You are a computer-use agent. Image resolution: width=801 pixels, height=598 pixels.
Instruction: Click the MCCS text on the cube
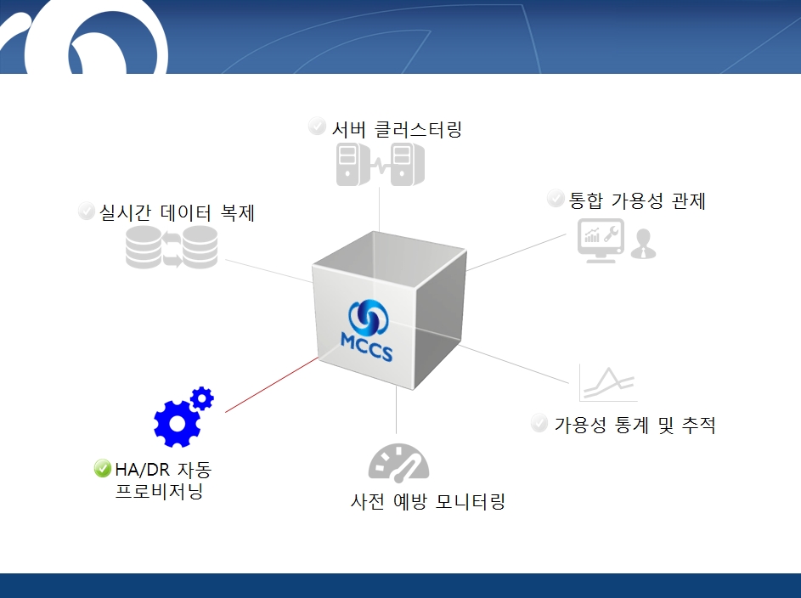click(x=366, y=347)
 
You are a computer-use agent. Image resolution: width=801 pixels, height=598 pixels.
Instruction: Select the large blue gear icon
click(x=176, y=423)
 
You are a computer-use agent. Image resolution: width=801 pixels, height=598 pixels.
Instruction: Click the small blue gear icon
click(x=202, y=398)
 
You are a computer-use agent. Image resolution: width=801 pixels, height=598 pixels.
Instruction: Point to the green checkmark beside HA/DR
click(x=102, y=468)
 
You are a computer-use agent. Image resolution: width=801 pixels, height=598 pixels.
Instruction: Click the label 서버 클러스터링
click(x=397, y=129)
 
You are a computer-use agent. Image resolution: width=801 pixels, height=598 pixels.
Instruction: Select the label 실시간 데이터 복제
click(x=176, y=212)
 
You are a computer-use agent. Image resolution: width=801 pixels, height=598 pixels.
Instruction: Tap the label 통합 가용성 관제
click(x=637, y=200)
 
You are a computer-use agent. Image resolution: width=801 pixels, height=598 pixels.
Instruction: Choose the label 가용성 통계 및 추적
click(x=635, y=425)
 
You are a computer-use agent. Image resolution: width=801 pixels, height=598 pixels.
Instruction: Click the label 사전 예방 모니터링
click(x=427, y=501)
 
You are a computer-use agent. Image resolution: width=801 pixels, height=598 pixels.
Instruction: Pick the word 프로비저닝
click(x=160, y=491)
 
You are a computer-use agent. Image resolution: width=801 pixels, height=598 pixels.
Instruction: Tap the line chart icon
click(x=608, y=383)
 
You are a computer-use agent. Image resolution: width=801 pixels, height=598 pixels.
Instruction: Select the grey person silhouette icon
click(x=643, y=244)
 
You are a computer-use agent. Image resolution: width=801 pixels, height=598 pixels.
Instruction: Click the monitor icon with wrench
click(x=601, y=240)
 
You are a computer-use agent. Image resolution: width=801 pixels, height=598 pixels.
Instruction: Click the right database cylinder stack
click(x=200, y=247)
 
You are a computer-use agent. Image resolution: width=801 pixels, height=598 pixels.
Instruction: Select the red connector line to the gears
click(x=271, y=385)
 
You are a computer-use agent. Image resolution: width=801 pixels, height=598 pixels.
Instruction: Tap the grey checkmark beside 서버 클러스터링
click(x=317, y=126)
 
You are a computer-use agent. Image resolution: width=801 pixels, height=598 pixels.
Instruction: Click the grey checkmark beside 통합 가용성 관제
click(x=556, y=198)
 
